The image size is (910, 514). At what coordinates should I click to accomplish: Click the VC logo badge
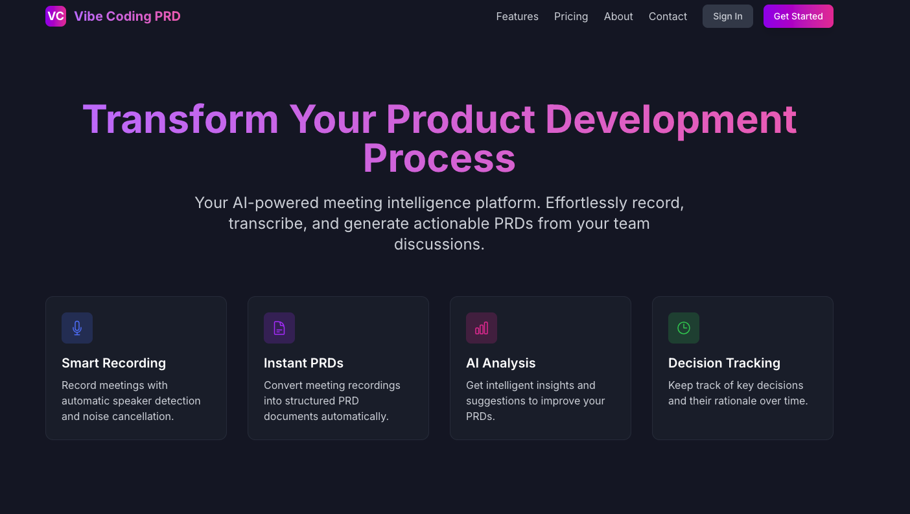(x=56, y=16)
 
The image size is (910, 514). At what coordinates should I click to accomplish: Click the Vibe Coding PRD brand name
(x=127, y=16)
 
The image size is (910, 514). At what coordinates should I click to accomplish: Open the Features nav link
(x=517, y=16)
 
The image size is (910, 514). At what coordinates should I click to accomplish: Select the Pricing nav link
(x=571, y=16)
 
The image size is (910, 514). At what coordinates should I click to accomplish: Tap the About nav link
(x=618, y=16)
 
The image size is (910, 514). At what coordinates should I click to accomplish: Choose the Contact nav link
(x=668, y=16)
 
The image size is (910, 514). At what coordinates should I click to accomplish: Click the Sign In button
(x=727, y=16)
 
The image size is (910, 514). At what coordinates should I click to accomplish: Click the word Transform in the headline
(x=180, y=119)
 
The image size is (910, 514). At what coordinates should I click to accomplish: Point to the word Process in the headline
(x=439, y=158)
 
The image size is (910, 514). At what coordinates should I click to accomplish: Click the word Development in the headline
(x=671, y=119)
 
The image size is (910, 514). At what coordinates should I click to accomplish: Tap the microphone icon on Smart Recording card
(x=77, y=328)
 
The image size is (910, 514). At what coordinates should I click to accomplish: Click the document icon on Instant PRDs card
(x=279, y=328)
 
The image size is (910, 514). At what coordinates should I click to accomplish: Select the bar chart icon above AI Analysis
(x=482, y=328)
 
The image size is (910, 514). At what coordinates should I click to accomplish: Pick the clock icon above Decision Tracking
(x=684, y=328)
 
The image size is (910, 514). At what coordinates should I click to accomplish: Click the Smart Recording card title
(x=113, y=363)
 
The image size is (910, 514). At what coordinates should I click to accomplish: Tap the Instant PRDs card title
(x=303, y=363)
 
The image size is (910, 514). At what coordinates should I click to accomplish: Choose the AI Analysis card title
(x=500, y=363)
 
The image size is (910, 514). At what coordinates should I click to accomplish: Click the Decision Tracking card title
(x=724, y=363)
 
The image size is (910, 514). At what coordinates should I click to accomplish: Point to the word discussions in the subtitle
(x=439, y=244)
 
